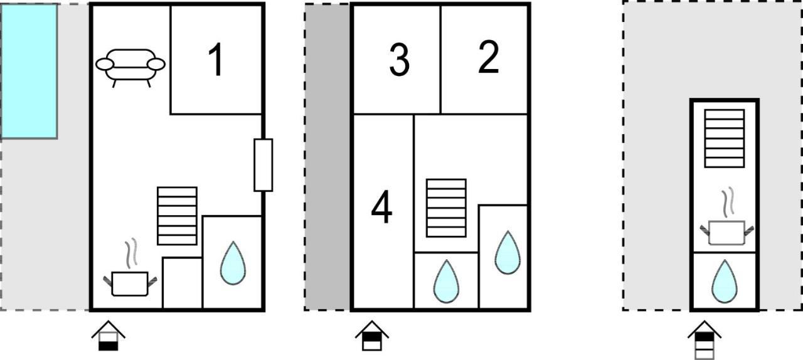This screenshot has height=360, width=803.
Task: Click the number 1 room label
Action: tap(216, 60)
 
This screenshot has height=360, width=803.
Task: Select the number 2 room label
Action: tap(489, 57)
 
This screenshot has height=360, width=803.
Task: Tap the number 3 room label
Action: tap(400, 60)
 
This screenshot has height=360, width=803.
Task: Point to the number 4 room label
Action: tap(382, 207)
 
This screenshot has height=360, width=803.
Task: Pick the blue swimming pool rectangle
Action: tap(29, 71)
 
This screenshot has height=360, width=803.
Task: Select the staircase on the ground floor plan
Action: tap(177, 216)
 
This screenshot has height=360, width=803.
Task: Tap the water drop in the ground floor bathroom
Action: tap(233, 263)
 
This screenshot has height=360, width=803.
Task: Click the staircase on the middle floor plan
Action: tap(446, 208)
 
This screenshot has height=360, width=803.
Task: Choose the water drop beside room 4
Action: tap(446, 281)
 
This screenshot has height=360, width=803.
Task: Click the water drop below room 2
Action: tap(508, 252)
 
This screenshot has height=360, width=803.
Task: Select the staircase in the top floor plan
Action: tap(725, 139)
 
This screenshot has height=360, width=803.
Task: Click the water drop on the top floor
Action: tap(725, 281)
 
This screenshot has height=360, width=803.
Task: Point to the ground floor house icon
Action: tap(109, 336)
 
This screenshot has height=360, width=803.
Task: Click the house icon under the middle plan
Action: tap(372, 336)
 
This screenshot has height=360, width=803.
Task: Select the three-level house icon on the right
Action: tap(705, 340)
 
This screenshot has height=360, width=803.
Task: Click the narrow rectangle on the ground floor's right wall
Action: tap(263, 165)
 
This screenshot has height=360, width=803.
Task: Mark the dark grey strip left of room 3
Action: tap(327, 157)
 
